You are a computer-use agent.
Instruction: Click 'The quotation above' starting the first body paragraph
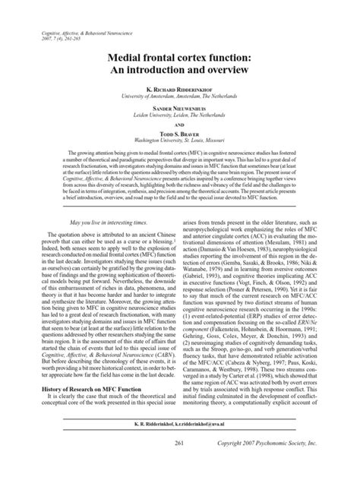coord(65,257)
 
